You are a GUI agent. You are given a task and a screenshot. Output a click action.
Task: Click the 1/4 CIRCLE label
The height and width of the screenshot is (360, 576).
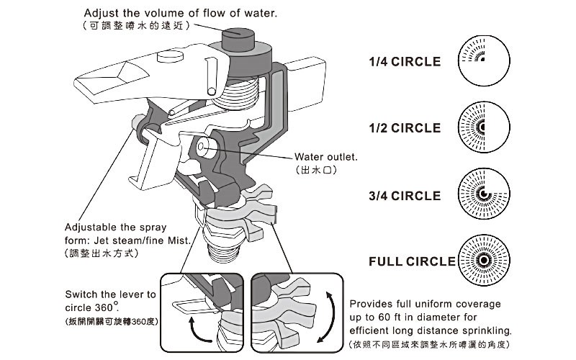[x=404, y=62]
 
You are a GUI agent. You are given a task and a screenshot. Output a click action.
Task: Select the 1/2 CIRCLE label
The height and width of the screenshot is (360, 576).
[x=404, y=128]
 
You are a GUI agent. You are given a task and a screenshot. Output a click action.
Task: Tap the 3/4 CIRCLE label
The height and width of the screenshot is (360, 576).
[x=404, y=196]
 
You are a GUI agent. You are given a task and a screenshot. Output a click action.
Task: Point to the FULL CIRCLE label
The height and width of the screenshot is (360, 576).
[x=412, y=261]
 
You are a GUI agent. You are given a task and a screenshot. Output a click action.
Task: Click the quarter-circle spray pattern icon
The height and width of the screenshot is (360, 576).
[x=482, y=61]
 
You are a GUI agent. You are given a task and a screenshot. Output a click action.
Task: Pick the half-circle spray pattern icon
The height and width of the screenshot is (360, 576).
[x=482, y=127]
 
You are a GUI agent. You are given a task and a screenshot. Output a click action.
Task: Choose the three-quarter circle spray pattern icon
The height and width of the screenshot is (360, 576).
[x=482, y=194]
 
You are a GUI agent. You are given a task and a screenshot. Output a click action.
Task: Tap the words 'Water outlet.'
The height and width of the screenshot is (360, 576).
[x=326, y=157]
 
